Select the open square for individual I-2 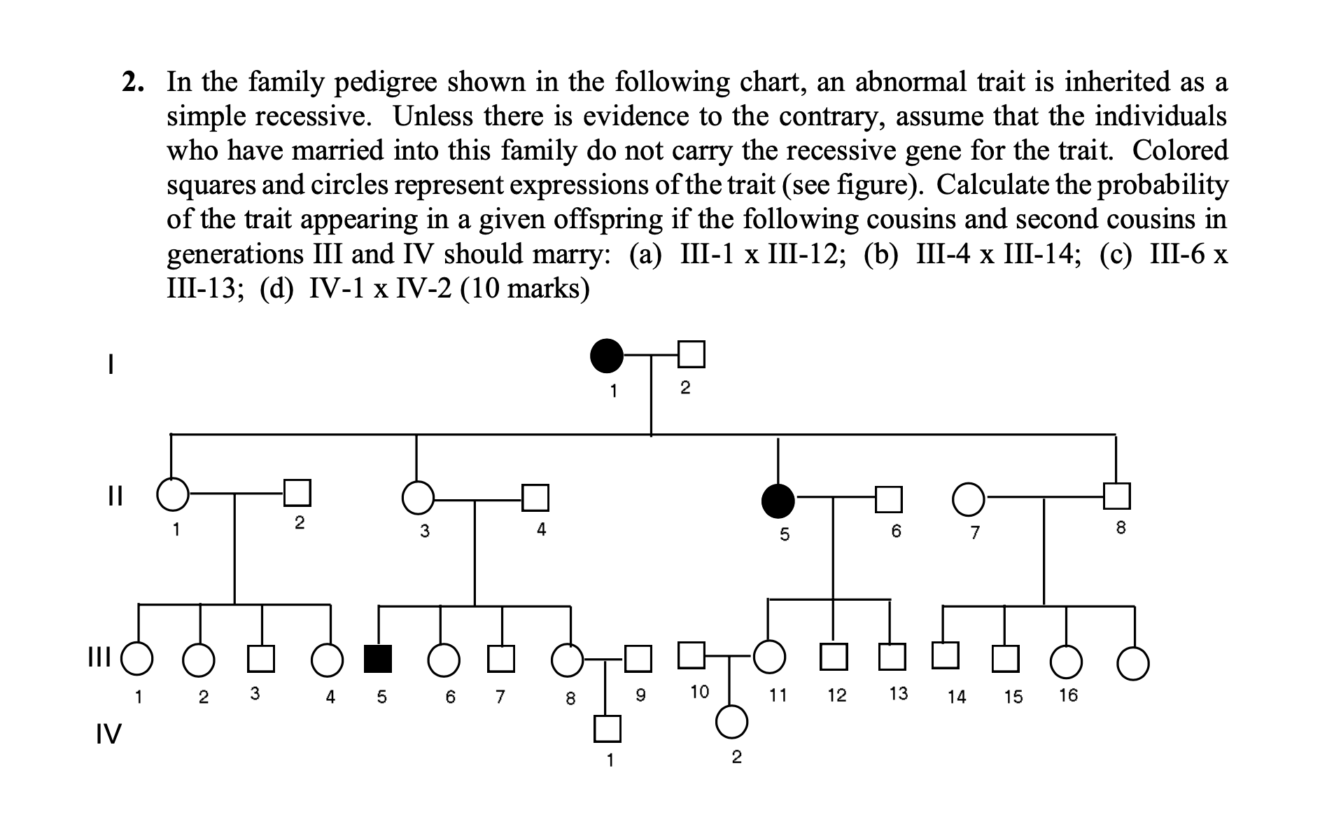click(x=691, y=354)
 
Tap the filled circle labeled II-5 click(x=778, y=500)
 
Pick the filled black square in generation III click(x=378, y=659)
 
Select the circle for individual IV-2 click(x=731, y=722)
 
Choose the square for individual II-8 click(x=1116, y=496)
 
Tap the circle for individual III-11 click(x=769, y=657)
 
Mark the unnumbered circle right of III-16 click(x=1132, y=663)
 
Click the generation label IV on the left click(x=108, y=734)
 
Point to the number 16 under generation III click(x=1068, y=695)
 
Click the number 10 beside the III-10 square click(x=699, y=692)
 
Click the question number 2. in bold click(x=134, y=83)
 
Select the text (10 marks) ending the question click(x=524, y=288)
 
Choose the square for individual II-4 click(x=535, y=498)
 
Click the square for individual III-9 click(x=638, y=657)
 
